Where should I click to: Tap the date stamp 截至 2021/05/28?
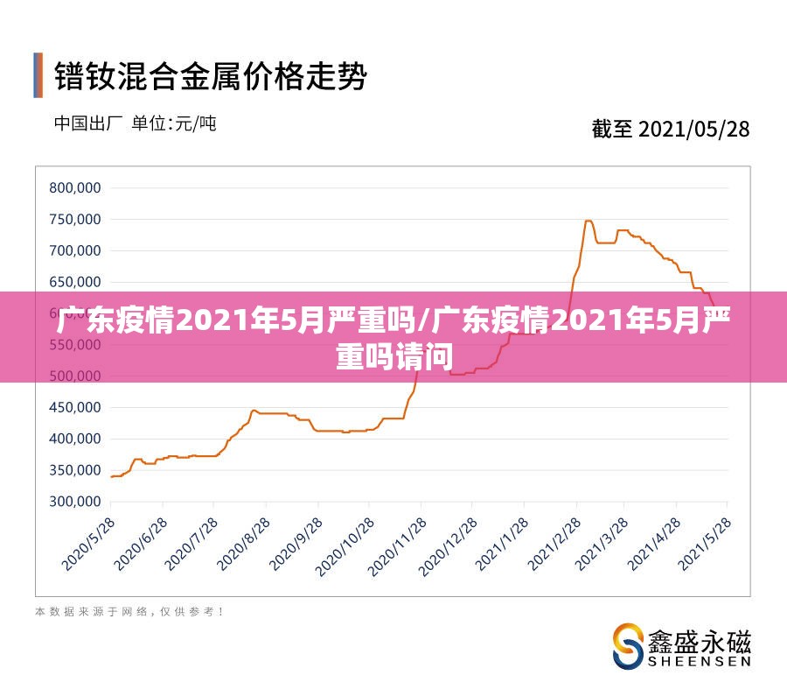671,129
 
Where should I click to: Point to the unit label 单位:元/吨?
173,123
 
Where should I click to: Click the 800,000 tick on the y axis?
75,187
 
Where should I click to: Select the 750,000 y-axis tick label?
75,219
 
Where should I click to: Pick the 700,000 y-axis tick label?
75,250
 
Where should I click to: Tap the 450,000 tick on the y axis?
75,407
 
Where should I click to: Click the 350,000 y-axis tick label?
75,470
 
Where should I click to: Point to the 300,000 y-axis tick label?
75,502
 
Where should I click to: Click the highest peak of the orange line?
588,221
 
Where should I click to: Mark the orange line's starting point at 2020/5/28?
111,476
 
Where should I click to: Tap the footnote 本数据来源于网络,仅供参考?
129,612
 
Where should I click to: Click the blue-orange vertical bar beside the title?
38,75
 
